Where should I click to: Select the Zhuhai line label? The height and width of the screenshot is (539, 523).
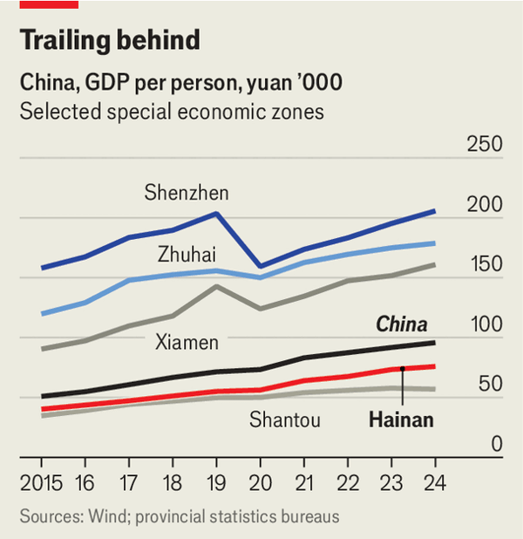(x=187, y=255)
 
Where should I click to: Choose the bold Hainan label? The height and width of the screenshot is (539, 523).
(x=400, y=420)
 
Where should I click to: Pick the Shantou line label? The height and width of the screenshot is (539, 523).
(x=285, y=420)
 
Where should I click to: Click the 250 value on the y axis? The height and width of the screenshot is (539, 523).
(x=485, y=144)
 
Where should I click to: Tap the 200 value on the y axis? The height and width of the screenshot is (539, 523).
(x=485, y=204)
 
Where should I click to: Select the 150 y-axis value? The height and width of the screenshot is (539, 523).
(x=485, y=264)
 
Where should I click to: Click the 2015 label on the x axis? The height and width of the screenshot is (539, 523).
(x=42, y=482)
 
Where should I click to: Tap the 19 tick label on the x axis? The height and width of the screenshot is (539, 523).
(x=216, y=482)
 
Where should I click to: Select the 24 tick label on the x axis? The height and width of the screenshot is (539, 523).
(x=434, y=482)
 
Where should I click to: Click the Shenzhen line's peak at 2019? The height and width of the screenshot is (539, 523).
(x=216, y=213)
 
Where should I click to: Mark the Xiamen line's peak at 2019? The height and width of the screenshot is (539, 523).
(x=216, y=286)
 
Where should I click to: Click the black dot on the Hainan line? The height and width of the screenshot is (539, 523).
(x=403, y=369)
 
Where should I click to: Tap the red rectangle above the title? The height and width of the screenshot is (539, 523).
(x=49, y=4)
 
